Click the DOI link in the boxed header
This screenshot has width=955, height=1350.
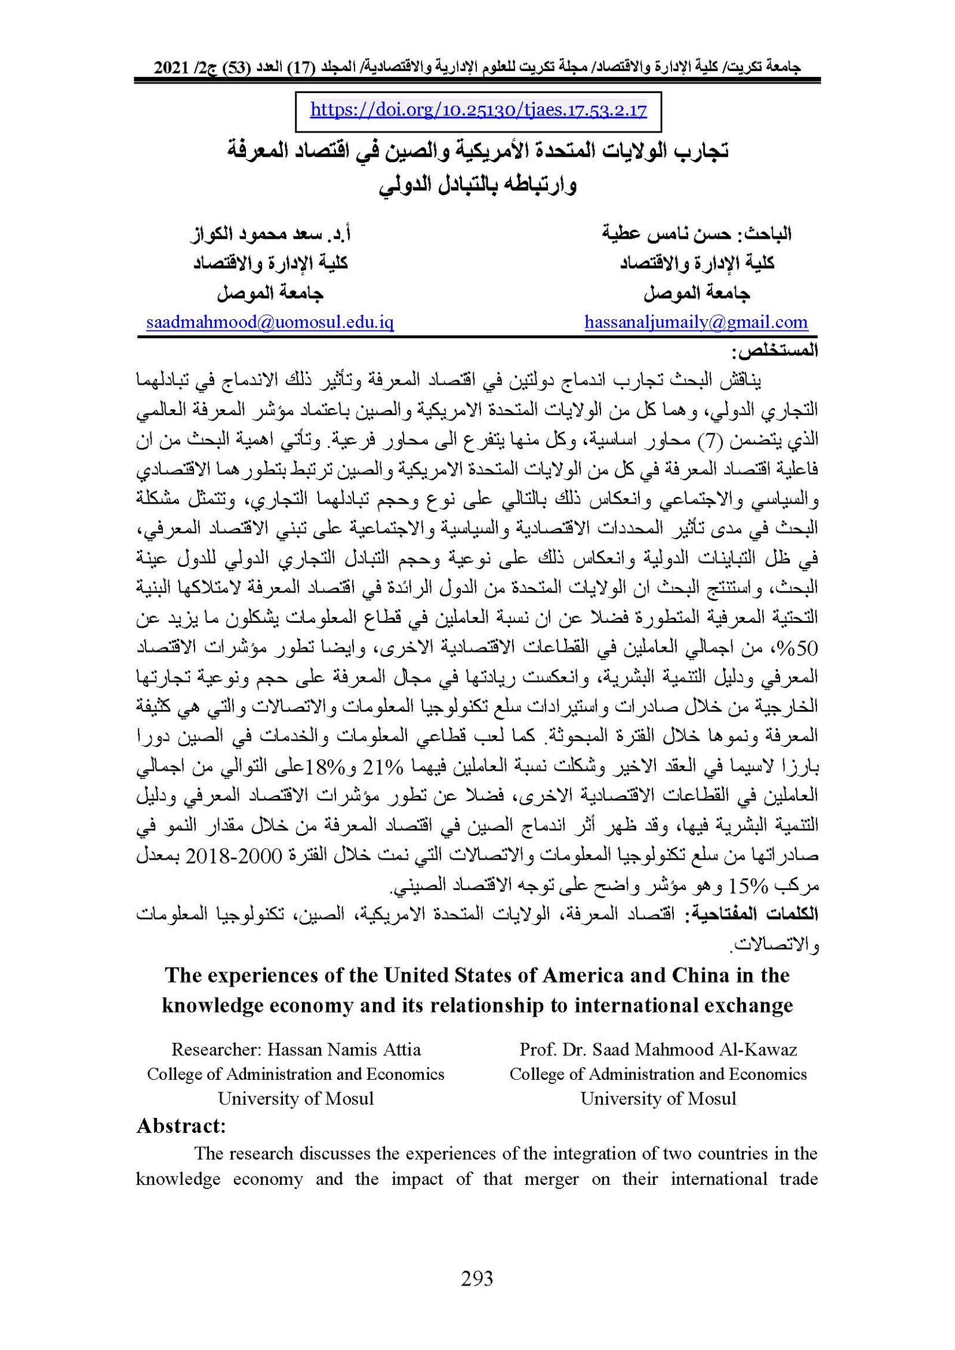coord(478,110)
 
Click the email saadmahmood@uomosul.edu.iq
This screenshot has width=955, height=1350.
coord(270,323)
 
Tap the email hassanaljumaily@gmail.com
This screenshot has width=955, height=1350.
coord(696,323)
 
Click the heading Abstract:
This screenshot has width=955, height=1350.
coord(181,1126)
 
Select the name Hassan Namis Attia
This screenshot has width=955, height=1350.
coord(344,1049)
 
